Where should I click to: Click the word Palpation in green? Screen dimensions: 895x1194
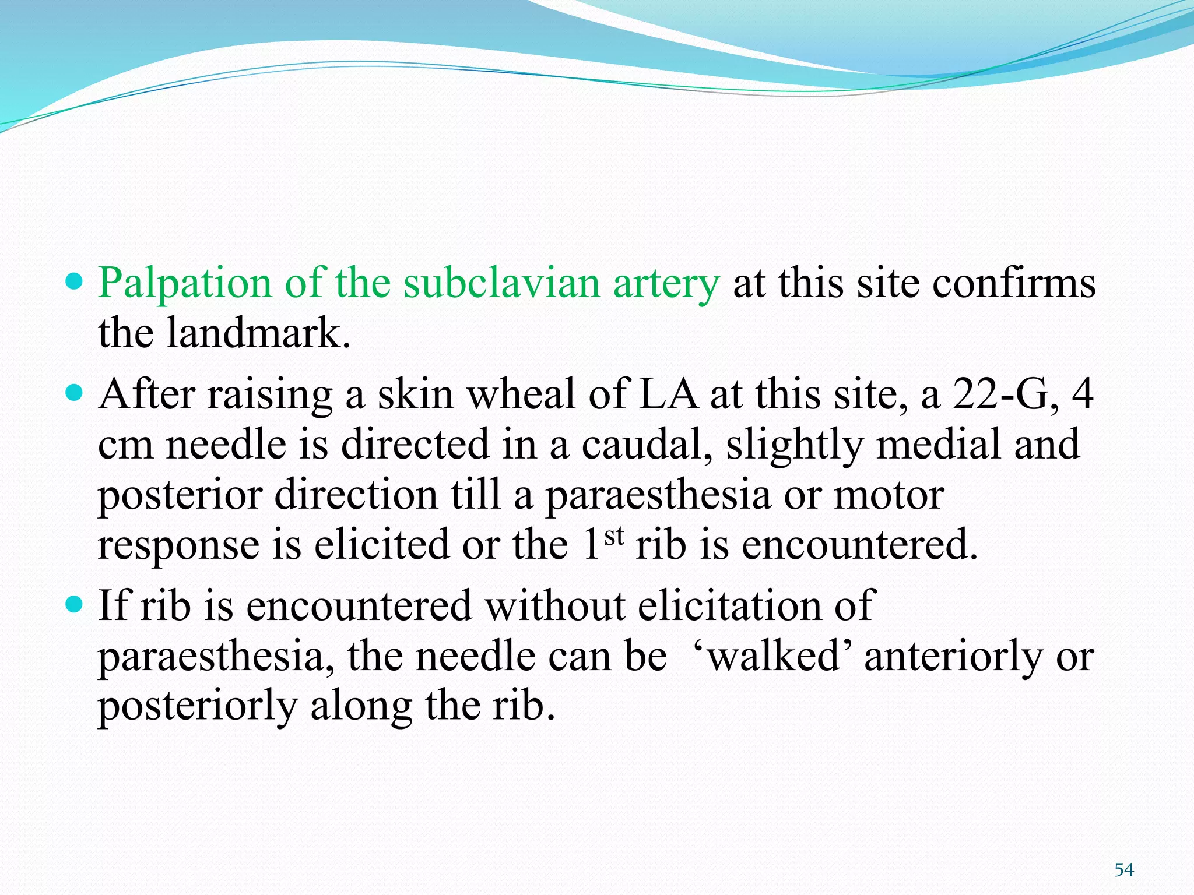tap(185, 284)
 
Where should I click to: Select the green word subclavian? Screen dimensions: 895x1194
tap(502, 284)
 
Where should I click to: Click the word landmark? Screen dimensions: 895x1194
tap(258, 333)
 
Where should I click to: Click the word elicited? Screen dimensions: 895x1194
tap(382, 545)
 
